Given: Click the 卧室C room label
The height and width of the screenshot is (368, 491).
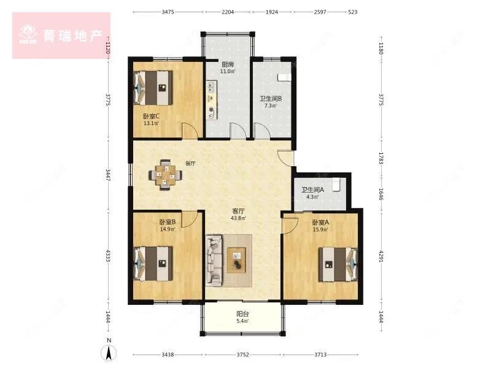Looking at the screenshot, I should click(x=151, y=116).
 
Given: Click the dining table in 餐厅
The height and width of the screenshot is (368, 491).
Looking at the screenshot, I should click(x=164, y=174).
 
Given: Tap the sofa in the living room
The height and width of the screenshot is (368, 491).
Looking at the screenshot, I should click(x=214, y=261).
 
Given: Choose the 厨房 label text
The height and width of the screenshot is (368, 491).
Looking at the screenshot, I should click(x=228, y=64).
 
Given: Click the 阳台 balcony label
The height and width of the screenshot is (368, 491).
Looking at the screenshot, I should click(x=243, y=313).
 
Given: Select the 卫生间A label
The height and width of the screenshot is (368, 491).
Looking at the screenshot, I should click(x=312, y=190).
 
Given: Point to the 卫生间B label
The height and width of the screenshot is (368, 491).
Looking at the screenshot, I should click(x=270, y=99).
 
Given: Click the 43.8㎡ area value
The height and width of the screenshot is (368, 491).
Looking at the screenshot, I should click(x=238, y=218).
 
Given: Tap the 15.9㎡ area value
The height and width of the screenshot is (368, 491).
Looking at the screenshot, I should click(x=320, y=230).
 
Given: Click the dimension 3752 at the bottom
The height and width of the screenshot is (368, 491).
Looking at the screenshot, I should click(x=242, y=355).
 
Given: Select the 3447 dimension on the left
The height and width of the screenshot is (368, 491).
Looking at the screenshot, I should click(x=108, y=175).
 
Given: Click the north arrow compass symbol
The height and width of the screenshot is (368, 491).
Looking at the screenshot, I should click(x=109, y=351).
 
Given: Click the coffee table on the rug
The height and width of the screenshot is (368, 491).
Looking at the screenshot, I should click(x=236, y=259).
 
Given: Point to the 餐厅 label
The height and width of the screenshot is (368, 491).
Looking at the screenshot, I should click(x=190, y=164).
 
